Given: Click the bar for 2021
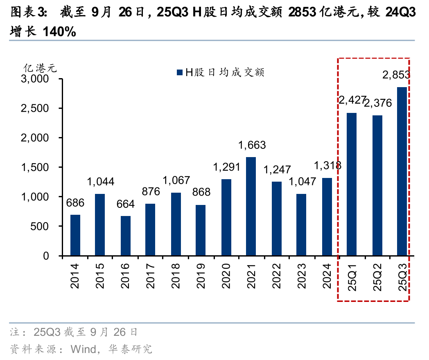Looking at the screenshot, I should click(x=251, y=207).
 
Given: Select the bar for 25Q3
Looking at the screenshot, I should click(x=402, y=171).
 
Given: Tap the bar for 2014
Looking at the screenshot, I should click(x=75, y=235).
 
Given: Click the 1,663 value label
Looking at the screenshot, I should click(x=252, y=145).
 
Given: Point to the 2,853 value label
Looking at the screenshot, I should click(x=396, y=74).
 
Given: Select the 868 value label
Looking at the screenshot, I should click(x=201, y=192).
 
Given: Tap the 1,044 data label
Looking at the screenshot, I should click(x=100, y=182).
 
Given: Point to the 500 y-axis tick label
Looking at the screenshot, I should click(x=46, y=226).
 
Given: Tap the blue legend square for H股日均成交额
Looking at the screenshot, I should click(x=179, y=73).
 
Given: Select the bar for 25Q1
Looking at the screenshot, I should click(x=352, y=184).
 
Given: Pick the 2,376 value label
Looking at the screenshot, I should click(x=377, y=103).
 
